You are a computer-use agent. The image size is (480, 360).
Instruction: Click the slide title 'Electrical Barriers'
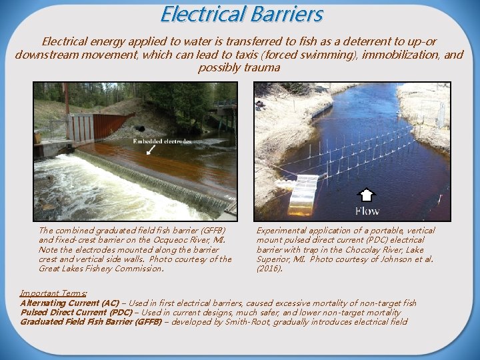[241, 14]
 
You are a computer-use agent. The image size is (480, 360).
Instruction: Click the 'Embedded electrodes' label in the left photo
[162, 141]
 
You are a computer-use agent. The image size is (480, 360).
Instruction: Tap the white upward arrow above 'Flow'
[367, 196]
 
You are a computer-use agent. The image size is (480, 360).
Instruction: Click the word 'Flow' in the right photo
[367, 211]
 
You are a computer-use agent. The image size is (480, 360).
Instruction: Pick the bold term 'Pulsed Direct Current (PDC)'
[76, 312]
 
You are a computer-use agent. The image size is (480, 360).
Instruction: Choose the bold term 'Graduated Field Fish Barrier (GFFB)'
[91, 321]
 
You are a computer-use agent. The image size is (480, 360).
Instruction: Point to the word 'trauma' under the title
[262, 68]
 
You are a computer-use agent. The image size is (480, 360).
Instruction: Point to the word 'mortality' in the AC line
[345, 303]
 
